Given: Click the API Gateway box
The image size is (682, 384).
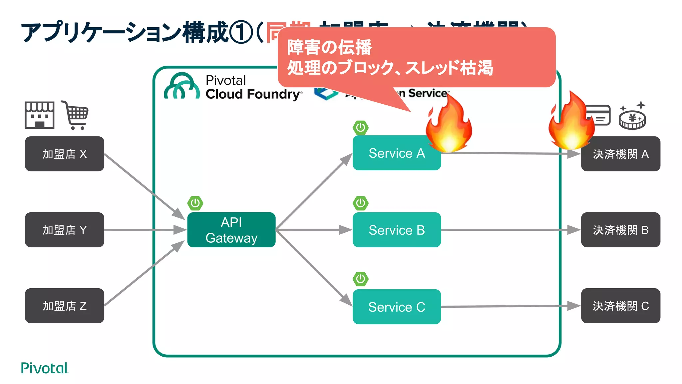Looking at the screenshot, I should pos(231,230).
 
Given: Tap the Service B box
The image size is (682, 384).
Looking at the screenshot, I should pos(396,230).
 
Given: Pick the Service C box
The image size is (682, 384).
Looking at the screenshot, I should pos(396,307).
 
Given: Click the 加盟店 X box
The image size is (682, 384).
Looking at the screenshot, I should pos(64,154).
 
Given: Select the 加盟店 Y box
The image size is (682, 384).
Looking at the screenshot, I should pos(64,230).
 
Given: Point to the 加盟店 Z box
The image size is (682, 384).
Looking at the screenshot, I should pos(64,306).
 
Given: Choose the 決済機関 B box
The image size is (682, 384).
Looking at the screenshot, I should pos(620,230).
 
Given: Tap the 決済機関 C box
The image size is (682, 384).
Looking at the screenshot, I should pos(620,306).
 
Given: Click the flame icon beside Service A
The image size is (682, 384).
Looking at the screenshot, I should pos(449,125).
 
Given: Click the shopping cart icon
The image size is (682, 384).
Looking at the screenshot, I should pos(76,115).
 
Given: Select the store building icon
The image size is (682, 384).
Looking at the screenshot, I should pos(39,115).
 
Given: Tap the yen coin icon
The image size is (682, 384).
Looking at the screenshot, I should pos(632,119).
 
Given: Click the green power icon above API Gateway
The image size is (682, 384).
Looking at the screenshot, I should pos(195,203).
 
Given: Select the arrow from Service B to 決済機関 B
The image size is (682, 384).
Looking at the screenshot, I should pos(510,230).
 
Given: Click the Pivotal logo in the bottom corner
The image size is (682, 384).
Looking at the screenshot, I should pos(44,368).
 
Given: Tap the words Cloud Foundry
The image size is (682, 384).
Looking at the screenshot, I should pos(253,94).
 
